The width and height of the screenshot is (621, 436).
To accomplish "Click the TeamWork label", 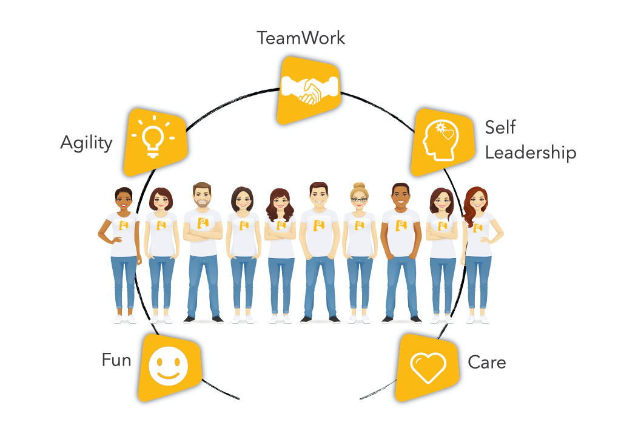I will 301,38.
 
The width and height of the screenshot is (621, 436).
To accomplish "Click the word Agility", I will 86,143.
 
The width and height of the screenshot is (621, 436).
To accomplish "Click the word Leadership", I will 530,152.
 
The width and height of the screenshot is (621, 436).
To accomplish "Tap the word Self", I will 500,128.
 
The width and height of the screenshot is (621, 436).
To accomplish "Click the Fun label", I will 116,360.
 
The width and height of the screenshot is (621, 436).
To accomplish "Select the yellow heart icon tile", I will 428,366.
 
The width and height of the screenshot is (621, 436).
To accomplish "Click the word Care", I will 486,363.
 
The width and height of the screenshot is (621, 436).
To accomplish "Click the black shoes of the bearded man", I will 204,319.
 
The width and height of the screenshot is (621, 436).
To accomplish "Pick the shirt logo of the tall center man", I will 318,225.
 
